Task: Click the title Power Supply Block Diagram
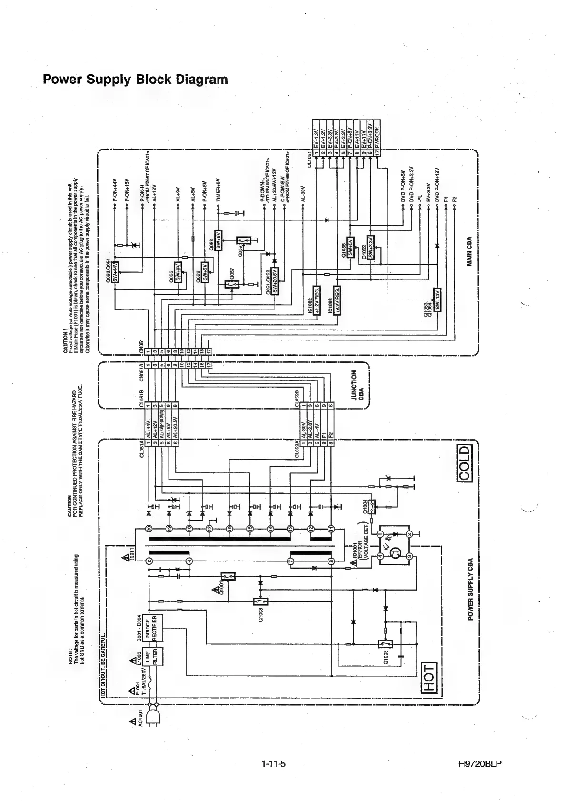(135, 79)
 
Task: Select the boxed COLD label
(464, 463)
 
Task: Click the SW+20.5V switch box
(275, 283)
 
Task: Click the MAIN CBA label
(469, 251)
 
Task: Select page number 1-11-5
(273, 764)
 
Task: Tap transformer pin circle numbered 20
(149, 529)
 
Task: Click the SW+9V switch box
(179, 272)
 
